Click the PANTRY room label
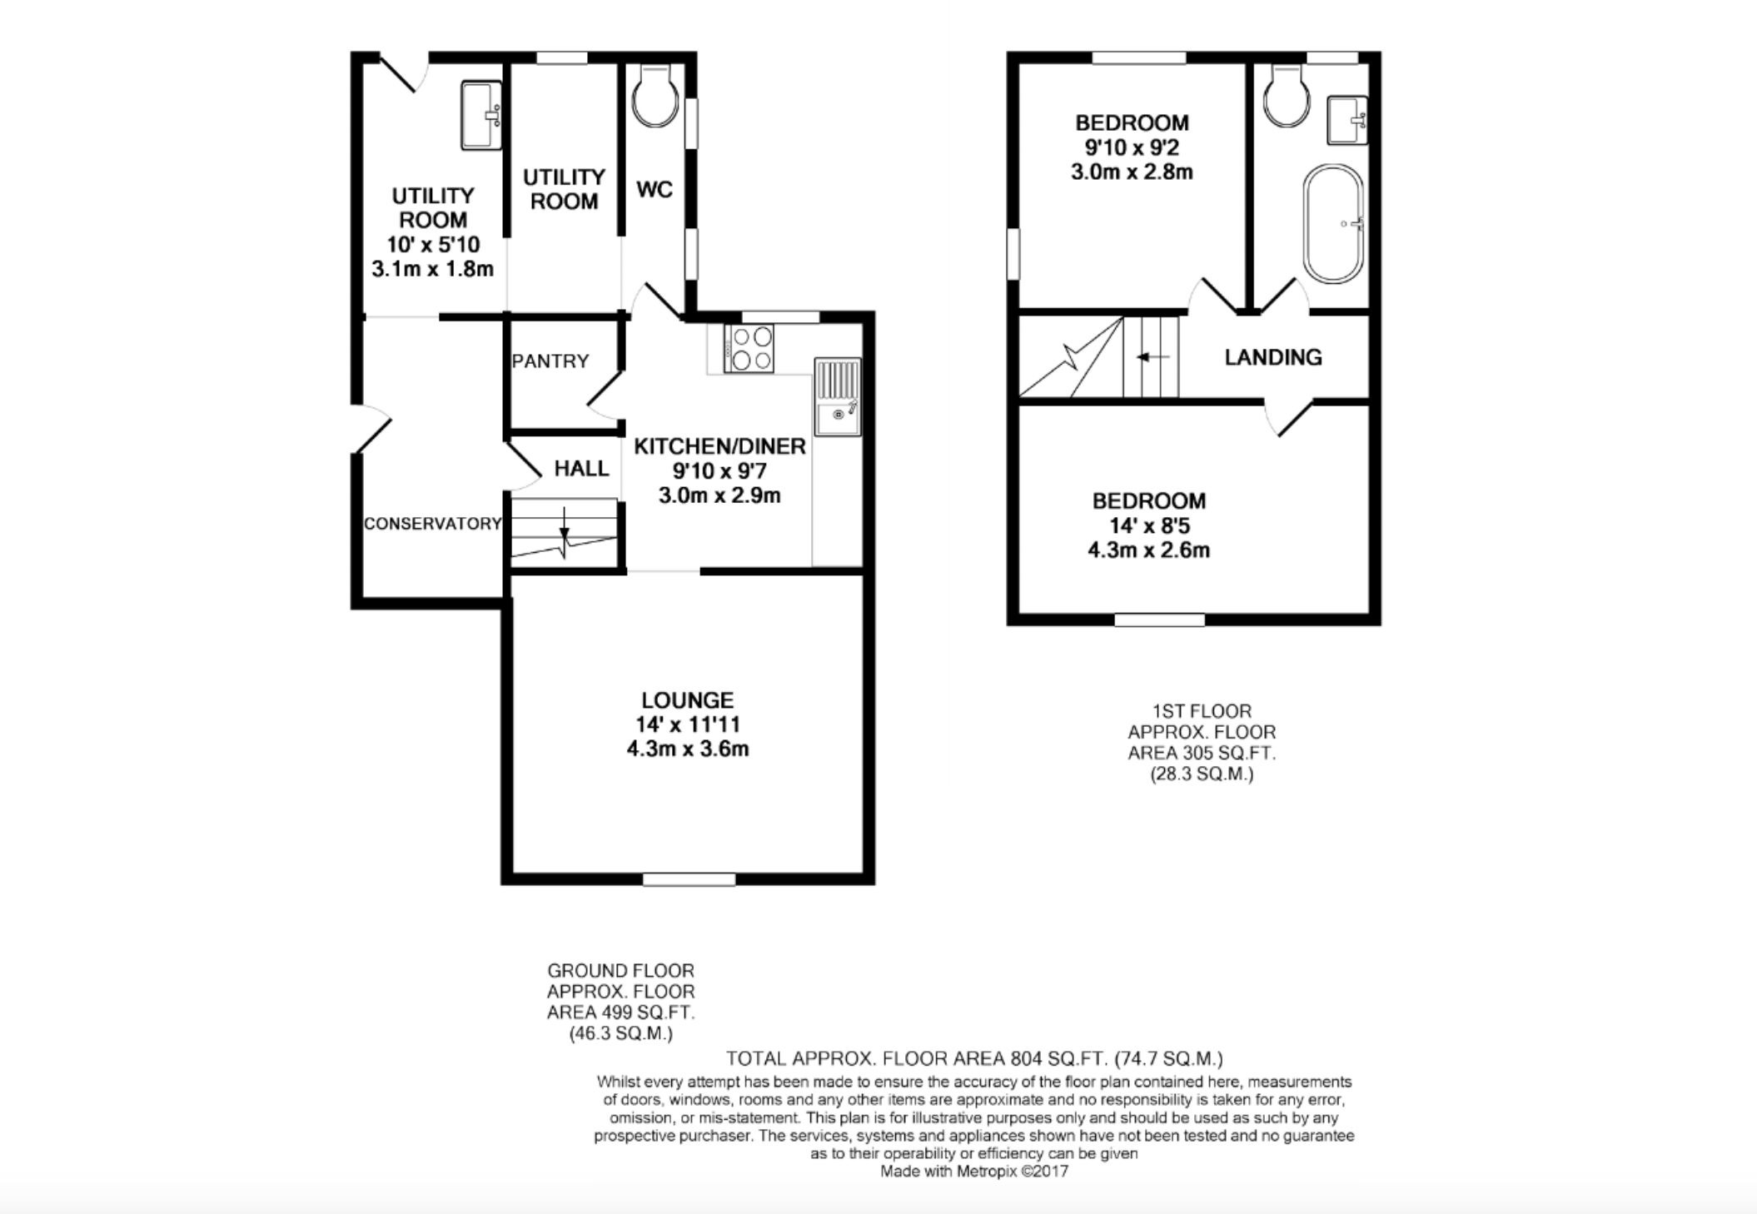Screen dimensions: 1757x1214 point(550,361)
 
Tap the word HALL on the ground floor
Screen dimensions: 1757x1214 point(581,468)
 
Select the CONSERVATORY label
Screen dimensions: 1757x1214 point(433,523)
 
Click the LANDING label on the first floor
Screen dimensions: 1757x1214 point(1273,357)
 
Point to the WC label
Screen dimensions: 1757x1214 point(654,190)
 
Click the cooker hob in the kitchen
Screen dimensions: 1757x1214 point(749,348)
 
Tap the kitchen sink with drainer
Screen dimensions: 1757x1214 point(838,397)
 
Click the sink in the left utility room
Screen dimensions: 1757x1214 point(481,115)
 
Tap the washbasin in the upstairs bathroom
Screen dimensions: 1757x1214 point(1347,121)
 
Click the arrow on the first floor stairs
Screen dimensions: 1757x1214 point(1153,357)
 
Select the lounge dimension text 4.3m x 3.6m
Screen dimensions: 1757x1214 point(688,749)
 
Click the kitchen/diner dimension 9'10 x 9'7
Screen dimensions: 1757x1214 point(720,471)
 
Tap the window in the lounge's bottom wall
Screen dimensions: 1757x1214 point(689,878)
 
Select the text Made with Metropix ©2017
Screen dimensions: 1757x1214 point(974,1172)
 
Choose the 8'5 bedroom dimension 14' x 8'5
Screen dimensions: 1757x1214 point(1149,525)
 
